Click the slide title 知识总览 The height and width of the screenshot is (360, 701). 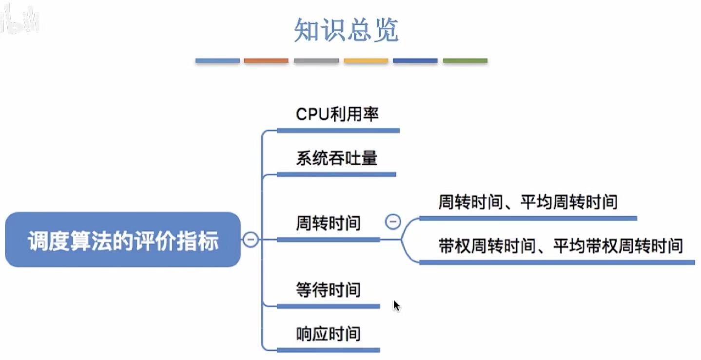point(346,30)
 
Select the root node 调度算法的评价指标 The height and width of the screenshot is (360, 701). point(123,240)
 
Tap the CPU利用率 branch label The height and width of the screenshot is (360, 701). point(337,114)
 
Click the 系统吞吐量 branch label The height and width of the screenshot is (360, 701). point(336,158)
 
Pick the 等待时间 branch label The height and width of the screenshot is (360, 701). point(328,290)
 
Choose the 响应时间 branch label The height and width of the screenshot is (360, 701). point(328,334)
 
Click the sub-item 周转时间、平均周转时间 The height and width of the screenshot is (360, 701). point(527,202)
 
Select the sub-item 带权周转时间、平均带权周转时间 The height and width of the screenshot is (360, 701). point(560,246)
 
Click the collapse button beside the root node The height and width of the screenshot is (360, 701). point(251,240)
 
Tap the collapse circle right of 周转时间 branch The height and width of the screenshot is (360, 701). point(393,222)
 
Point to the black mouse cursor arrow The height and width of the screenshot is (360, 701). point(396,305)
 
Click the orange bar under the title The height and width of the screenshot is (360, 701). point(266,61)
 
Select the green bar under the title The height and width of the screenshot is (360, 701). point(465,61)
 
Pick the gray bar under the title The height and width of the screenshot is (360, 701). point(316,61)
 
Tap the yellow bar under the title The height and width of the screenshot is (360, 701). point(366,61)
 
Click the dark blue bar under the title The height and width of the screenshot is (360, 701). point(415,61)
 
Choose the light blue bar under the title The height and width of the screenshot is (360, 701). point(217,61)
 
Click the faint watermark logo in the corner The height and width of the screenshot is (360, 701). point(19,19)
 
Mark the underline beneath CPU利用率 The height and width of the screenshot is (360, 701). point(338,131)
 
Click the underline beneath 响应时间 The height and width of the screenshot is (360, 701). point(328,350)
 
